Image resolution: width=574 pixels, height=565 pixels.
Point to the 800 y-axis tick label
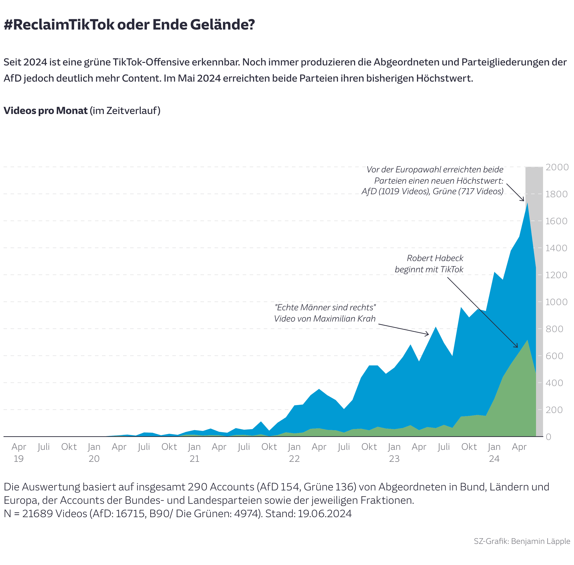tap(554, 329)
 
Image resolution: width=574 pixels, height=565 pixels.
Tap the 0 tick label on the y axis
tap(548, 437)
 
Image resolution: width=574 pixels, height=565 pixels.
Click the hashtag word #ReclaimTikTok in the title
tap(59, 24)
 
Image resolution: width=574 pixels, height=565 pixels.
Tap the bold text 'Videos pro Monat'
tap(45, 111)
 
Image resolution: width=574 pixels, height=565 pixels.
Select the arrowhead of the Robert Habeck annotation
tap(517, 347)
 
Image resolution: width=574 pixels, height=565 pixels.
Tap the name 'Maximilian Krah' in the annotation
tap(344, 319)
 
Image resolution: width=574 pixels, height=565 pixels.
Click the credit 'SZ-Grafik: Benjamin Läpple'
tap(521, 541)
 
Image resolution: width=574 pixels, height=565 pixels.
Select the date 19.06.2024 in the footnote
tap(325, 513)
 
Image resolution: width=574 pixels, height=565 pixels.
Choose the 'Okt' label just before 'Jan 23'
tap(369, 447)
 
